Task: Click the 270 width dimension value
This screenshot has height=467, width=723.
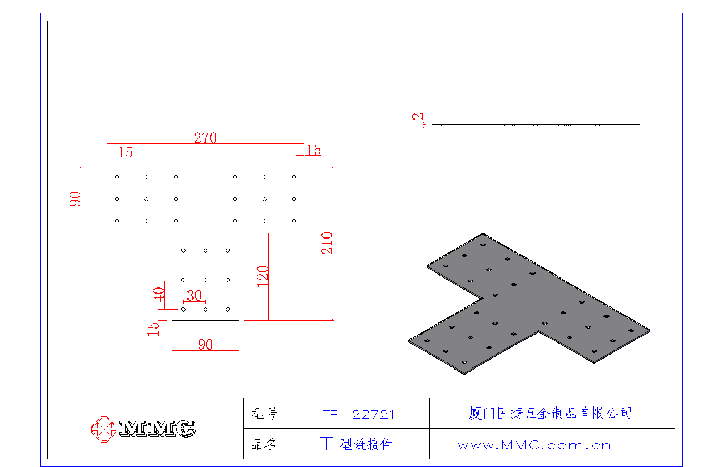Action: [x=205, y=138]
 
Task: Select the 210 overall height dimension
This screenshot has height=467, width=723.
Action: [x=327, y=243]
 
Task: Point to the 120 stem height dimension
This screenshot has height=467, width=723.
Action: [x=263, y=276]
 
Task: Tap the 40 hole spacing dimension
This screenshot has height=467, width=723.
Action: [x=159, y=294]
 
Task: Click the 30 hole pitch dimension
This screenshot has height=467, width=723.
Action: [x=194, y=296]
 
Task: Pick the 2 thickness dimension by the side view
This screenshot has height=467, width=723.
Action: [x=418, y=117]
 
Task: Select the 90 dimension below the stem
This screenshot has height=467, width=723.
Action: [x=206, y=345]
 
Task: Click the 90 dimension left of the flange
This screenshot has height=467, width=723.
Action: [x=75, y=199]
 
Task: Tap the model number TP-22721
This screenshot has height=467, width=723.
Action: [x=358, y=414]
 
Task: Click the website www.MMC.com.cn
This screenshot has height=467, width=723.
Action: [x=534, y=445]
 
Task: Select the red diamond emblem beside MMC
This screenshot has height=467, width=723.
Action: [x=104, y=429]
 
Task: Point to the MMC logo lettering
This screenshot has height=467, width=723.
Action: [x=157, y=429]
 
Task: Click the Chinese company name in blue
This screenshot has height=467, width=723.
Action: [x=550, y=413]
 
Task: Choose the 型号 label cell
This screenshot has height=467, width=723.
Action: [x=264, y=413]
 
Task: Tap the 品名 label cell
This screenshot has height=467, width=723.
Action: [x=264, y=444]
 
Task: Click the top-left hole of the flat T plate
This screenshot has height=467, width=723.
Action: [x=117, y=177]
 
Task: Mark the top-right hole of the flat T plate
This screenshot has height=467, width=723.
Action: [x=294, y=177]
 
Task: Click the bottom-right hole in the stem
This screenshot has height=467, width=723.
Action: [x=228, y=310]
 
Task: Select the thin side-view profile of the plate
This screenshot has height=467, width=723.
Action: [x=536, y=125]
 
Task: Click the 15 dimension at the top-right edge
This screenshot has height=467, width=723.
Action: [x=314, y=150]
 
